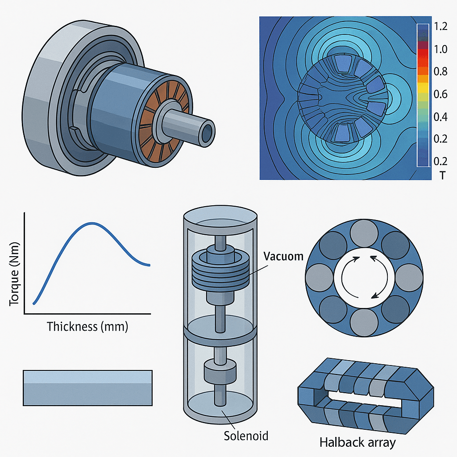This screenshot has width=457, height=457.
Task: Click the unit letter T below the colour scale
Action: click(442, 175)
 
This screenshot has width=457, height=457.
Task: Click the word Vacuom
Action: click(283, 257)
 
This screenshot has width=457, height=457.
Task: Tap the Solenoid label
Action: click(246, 435)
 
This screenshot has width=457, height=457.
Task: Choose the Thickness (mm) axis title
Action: click(87, 327)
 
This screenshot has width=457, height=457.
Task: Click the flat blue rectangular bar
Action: click(88, 387)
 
